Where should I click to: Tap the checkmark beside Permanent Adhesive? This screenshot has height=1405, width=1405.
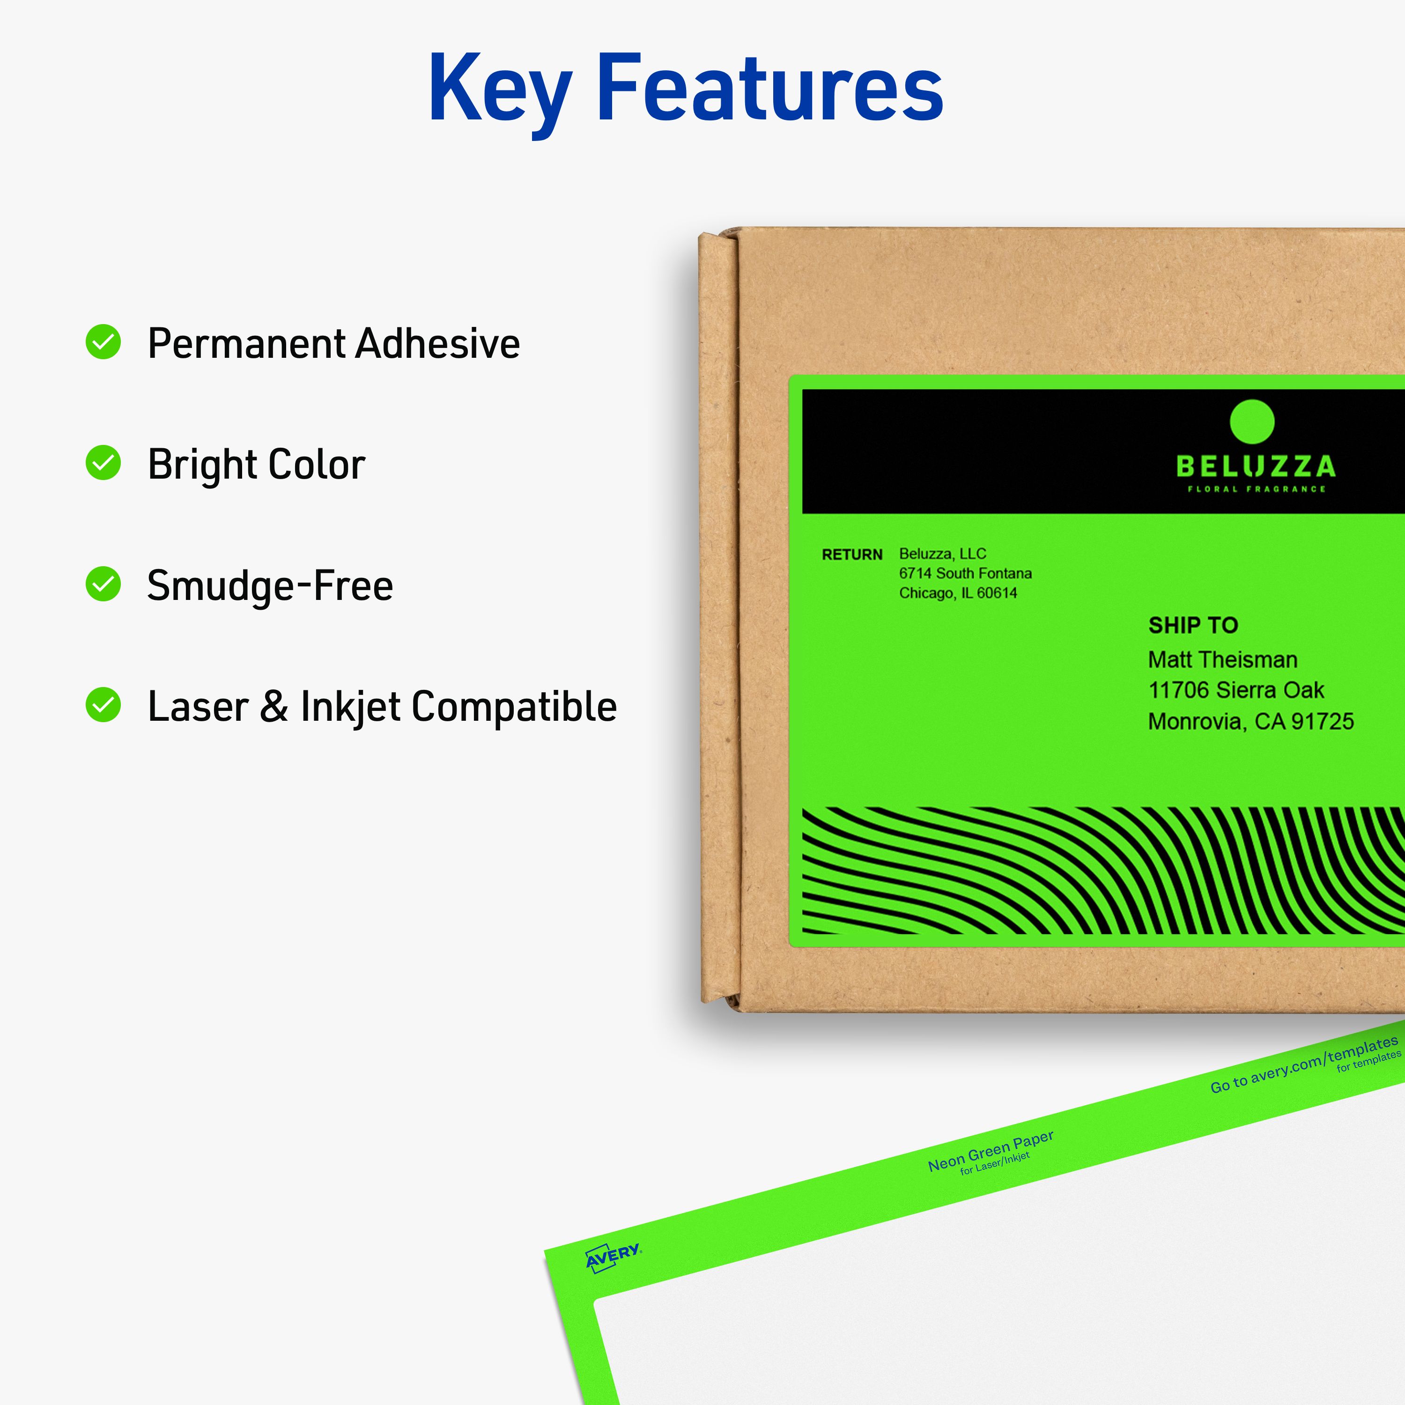click(103, 342)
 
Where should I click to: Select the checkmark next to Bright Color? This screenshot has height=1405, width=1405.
click(103, 463)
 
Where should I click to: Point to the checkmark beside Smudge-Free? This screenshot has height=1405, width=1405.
click(103, 584)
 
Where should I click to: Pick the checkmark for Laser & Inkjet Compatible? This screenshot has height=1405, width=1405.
click(103, 705)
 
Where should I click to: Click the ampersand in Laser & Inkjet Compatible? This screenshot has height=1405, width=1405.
click(274, 707)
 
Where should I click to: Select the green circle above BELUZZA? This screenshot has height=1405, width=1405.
click(1251, 421)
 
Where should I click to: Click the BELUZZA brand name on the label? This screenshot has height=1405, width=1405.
click(1255, 466)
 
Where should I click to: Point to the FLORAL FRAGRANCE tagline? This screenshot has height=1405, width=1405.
click(1256, 489)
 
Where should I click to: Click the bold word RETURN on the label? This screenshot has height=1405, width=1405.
click(851, 555)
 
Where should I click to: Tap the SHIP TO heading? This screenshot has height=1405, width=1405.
click(1193, 625)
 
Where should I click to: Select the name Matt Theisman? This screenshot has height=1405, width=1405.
click(1222, 659)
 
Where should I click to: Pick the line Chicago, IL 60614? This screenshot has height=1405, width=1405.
click(958, 593)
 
